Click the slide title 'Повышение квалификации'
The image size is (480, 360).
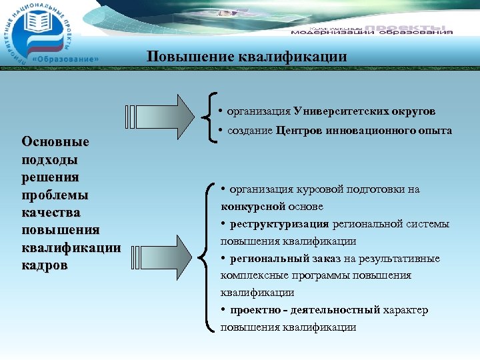pos(247,57)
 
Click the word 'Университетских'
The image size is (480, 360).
pos(335,111)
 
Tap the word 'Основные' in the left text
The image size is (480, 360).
pos(55,142)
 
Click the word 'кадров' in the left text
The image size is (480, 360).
pos(44,265)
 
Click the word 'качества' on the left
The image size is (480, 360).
pos(51,213)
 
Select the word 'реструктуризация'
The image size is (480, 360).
pos(280,224)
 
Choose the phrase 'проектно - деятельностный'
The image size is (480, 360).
pos(305,310)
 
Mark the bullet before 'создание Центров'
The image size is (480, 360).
pos(221,130)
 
